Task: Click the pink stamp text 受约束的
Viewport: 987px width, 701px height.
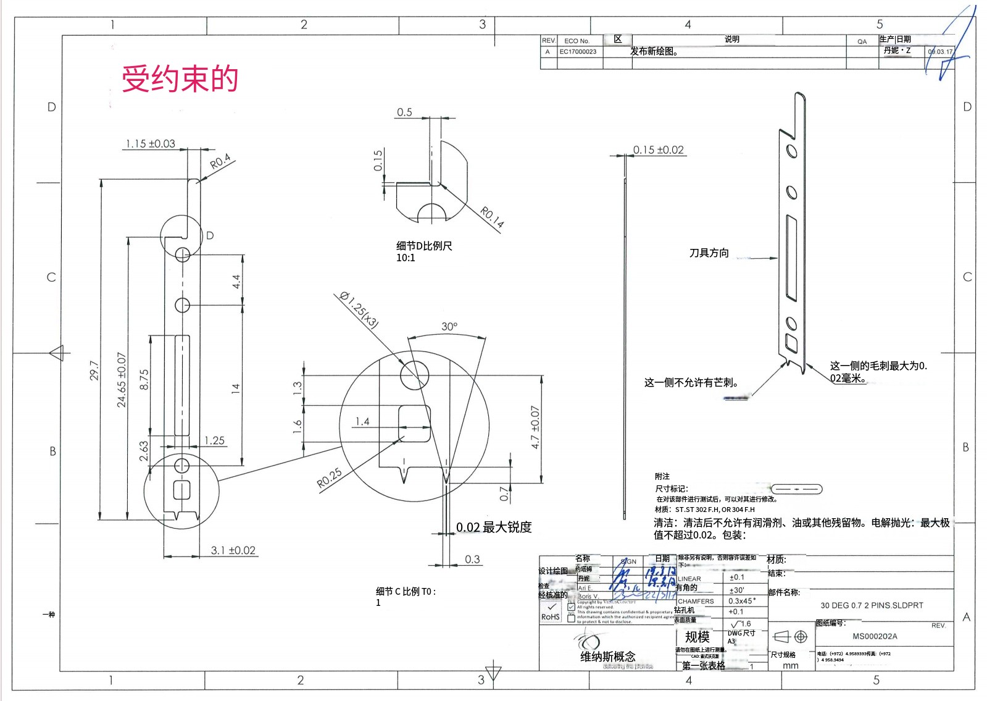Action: tap(180, 79)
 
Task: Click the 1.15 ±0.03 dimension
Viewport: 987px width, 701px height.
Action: tap(150, 144)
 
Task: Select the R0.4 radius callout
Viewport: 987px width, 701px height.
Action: tap(220, 161)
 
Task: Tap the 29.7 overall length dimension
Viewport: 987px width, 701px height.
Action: tap(94, 371)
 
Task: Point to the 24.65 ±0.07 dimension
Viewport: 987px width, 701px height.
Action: tap(122, 379)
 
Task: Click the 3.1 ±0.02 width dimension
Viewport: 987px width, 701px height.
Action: tap(233, 550)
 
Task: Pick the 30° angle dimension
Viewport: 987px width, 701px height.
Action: tap(449, 326)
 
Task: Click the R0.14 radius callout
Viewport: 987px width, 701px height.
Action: tap(492, 217)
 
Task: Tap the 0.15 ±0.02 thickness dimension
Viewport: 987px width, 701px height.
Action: tap(658, 150)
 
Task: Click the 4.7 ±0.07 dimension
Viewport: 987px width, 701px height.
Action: tap(535, 427)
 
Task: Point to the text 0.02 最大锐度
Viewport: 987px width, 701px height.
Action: tap(493, 527)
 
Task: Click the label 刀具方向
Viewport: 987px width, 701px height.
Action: tap(709, 253)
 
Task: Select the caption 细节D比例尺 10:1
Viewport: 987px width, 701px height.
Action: tap(424, 251)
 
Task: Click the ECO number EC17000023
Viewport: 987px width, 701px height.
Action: tap(578, 52)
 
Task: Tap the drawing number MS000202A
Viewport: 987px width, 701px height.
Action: tap(875, 636)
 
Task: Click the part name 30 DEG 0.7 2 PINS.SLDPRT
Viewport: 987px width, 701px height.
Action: tap(872, 605)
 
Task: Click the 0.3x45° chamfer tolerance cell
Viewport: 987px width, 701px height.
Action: tap(742, 601)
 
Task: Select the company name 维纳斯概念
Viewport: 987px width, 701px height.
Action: tap(607, 657)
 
